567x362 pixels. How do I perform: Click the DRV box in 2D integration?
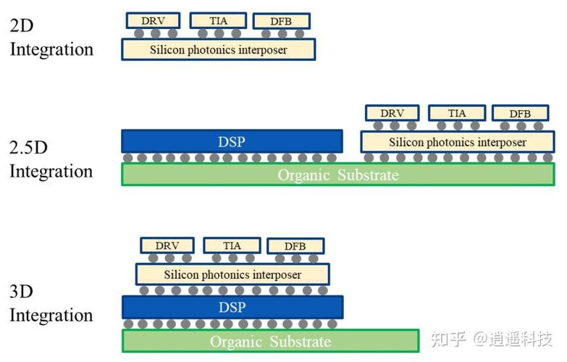coord(153,20)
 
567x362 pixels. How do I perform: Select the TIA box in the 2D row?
coord(218,20)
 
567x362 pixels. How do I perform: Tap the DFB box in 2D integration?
coord(282,21)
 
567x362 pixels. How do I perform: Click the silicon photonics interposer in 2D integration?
coord(218,49)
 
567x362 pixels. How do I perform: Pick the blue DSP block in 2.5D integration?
coord(232,141)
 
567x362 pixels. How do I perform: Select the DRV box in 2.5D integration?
coord(392,113)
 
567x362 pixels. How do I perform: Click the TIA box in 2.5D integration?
coord(457,113)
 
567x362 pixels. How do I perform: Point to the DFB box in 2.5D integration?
coord(520,114)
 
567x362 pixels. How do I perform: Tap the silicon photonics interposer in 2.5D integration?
coord(457,142)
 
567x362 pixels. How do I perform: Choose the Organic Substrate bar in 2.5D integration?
coord(338,174)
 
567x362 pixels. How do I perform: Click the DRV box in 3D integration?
coord(167,245)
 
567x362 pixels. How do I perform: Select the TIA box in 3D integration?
coord(232,245)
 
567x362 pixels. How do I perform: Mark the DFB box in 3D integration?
coord(295,246)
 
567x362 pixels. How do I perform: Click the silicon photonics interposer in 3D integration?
coord(232,274)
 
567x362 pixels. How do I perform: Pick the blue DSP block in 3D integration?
coord(232,307)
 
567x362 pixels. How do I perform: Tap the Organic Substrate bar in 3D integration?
coord(270,340)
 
